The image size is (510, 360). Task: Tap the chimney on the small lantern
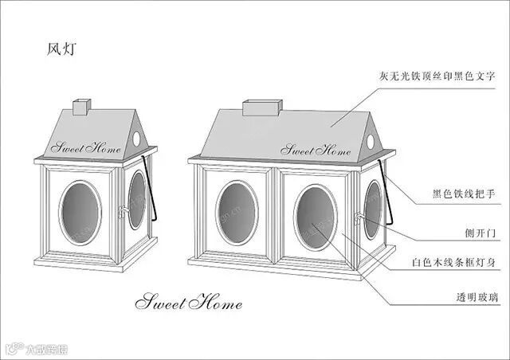point(82,106)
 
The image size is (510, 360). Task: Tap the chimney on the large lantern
point(262,107)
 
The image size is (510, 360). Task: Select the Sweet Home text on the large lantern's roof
point(316,149)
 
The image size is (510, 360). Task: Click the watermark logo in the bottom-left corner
point(36,348)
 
